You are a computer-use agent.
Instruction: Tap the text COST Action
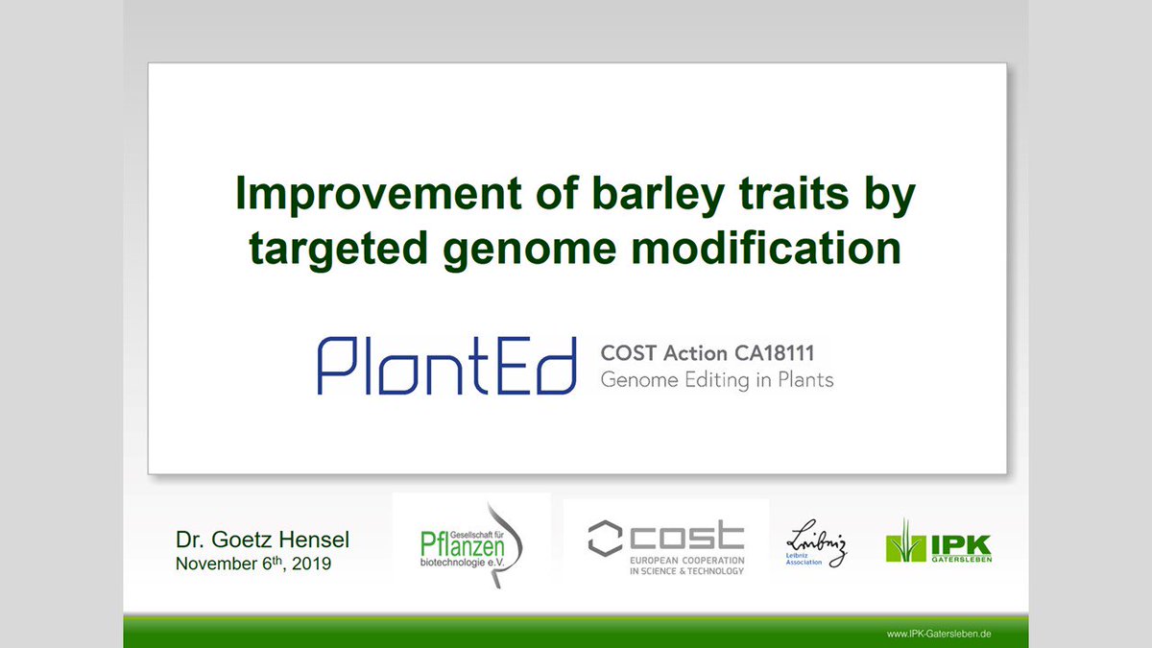(659, 354)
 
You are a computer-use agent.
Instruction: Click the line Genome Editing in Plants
(716, 380)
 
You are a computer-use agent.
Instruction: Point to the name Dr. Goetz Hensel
(262, 540)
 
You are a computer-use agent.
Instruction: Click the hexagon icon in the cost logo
(605, 539)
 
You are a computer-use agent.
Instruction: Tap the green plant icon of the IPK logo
(903, 542)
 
